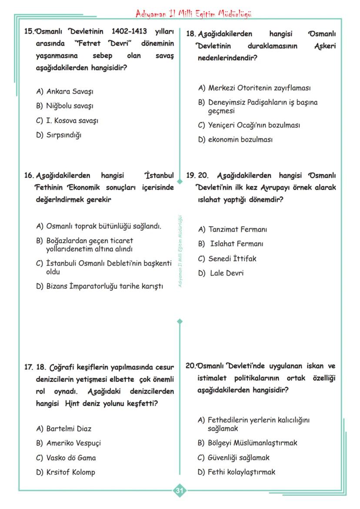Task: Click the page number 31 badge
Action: click(180, 491)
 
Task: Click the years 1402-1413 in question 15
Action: click(129, 32)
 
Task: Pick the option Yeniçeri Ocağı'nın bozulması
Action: click(254, 125)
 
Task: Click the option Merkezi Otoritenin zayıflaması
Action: click(259, 88)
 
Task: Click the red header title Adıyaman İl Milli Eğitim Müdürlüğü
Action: click(194, 13)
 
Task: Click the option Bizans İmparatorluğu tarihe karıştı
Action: click(104, 286)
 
